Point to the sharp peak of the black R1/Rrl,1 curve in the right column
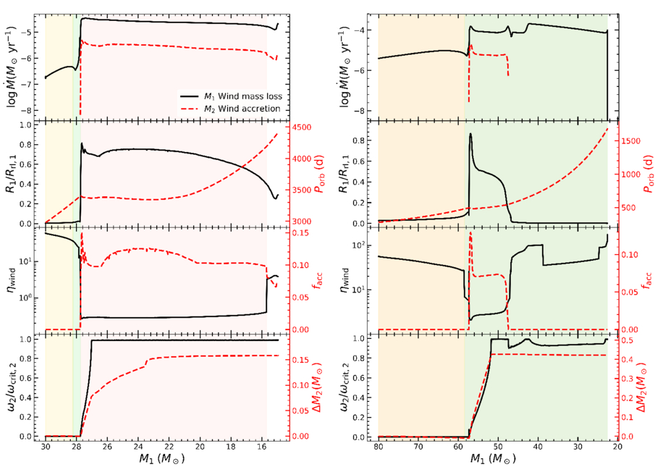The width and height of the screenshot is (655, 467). point(470,134)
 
